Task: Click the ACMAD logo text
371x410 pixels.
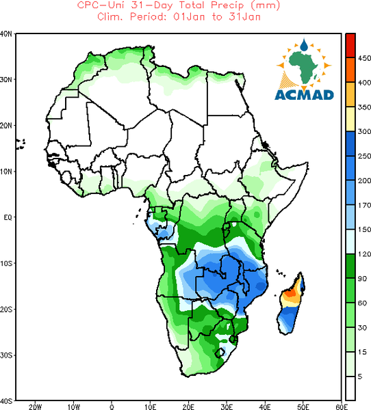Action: point(304,95)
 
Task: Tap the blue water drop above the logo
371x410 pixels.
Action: point(304,45)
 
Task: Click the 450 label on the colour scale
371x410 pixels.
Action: point(364,58)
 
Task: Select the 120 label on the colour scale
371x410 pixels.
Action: point(364,254)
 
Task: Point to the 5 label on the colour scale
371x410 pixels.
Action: point(360,377)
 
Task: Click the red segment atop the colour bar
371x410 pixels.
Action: point(350,45)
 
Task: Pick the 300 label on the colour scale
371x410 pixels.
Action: point(364,131)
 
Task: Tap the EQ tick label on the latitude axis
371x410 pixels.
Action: point(8,217)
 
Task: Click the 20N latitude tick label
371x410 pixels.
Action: point(6,126)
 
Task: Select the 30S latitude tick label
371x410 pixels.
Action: point(6,355)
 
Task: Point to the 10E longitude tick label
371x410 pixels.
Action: point(150,407)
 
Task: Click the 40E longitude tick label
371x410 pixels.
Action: point(265,407)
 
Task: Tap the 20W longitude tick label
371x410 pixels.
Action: point(35,407)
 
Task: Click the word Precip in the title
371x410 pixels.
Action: point(227,5)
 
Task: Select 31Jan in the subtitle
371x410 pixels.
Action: point(244,17)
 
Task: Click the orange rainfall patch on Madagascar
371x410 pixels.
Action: point(290,293)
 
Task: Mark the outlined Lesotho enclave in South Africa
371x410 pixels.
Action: point(220,353)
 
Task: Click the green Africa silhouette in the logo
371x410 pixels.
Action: point(304,67)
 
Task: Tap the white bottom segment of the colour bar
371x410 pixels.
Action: point(350,388)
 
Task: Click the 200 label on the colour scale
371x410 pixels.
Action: point(364,180)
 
